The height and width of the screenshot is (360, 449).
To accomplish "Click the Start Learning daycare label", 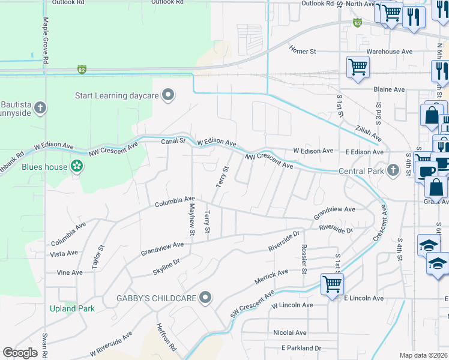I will tap(116, 95).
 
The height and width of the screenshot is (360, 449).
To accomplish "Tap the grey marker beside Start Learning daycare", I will tap(168, 95).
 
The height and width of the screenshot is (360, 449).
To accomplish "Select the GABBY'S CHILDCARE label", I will tap(156, 298).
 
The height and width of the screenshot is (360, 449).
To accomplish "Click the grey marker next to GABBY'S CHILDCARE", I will tap(206, 298).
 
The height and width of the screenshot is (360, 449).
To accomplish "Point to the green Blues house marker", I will tap(76, 166).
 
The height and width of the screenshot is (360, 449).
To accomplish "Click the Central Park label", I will tap(361, 171).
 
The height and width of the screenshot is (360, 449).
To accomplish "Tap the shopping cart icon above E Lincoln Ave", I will tap(332, 283).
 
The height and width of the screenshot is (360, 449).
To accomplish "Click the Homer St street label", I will tap(303, 52).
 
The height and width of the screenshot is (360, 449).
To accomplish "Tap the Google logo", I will tap(20, 353).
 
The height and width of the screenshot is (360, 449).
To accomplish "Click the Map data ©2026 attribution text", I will tap(423, 355).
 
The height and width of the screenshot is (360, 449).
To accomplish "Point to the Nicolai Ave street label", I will tap(289, 332).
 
